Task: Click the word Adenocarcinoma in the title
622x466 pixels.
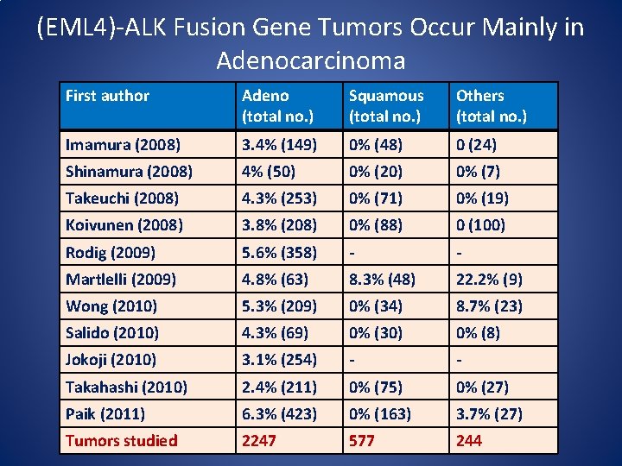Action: pyautogui.click(x=310, y=61)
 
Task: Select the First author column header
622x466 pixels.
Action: pyautogui.click(x=107, y=96)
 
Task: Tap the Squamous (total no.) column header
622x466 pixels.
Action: pyautogui.click(x=386, y=105)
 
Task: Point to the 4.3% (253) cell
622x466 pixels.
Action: pyautogui.click(x=279, y=198)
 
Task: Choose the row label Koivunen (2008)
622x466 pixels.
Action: pyautogui.click(x=124, y=224)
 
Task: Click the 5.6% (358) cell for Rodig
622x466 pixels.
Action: pyautogui.click(x=279, y=253)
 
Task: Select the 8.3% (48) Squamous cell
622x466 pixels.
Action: pyautogui.click(x=383, y=279)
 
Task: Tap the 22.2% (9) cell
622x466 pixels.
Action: pyautogui.click(x=489, y=279)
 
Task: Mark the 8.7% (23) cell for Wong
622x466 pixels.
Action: pyautogui.click(x=489, y=305)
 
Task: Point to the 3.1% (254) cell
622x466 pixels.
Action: pyautogui.click(x=279, y=359)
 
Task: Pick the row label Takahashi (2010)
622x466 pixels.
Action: pyautogui.click(x=126, y=387)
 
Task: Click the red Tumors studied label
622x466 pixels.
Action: pyautogui.click(x=121, y=440)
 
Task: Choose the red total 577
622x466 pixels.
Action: pyautogui.click(x=364, y=440)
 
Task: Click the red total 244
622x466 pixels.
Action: pyautogui.click(x=469, y=440)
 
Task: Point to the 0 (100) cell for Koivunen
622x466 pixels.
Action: pyautogui.click(x=480, y=224)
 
